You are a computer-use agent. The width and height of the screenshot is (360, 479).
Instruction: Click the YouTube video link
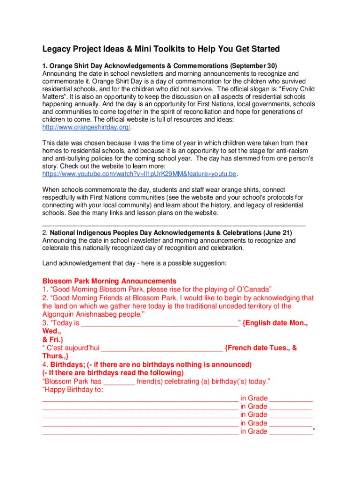coord(139,174)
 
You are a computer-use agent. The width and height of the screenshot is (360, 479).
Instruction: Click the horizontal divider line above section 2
coord(173,225)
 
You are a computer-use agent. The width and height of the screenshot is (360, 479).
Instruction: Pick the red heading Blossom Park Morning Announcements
coord(109,281)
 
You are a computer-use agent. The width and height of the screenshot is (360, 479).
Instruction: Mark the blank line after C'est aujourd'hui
coord(162,349)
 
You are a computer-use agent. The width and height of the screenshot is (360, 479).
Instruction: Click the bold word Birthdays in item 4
coord(67,364)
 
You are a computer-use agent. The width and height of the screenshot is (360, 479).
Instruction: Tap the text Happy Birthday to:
coord(73,390)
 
